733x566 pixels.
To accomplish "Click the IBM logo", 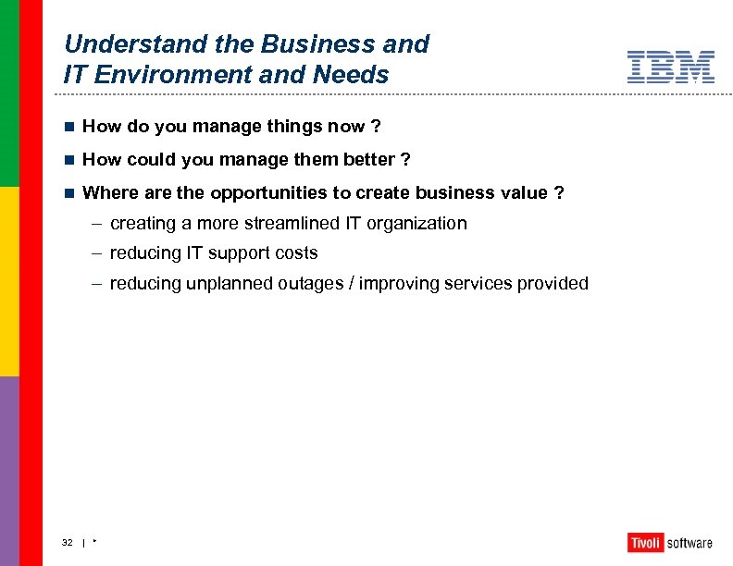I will point(671,68).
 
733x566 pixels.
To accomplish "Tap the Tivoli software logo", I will point(670,543).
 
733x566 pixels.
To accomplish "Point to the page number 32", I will point(68,543).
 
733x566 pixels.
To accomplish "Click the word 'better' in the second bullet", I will point(366,160).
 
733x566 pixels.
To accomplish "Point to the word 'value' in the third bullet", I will point(524,193).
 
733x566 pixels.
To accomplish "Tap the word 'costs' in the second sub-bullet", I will point(296,253).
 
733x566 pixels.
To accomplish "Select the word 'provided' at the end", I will point(553,284).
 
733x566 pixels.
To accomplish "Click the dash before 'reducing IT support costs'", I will point(97,253).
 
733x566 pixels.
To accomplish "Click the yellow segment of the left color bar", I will point(9,281).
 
